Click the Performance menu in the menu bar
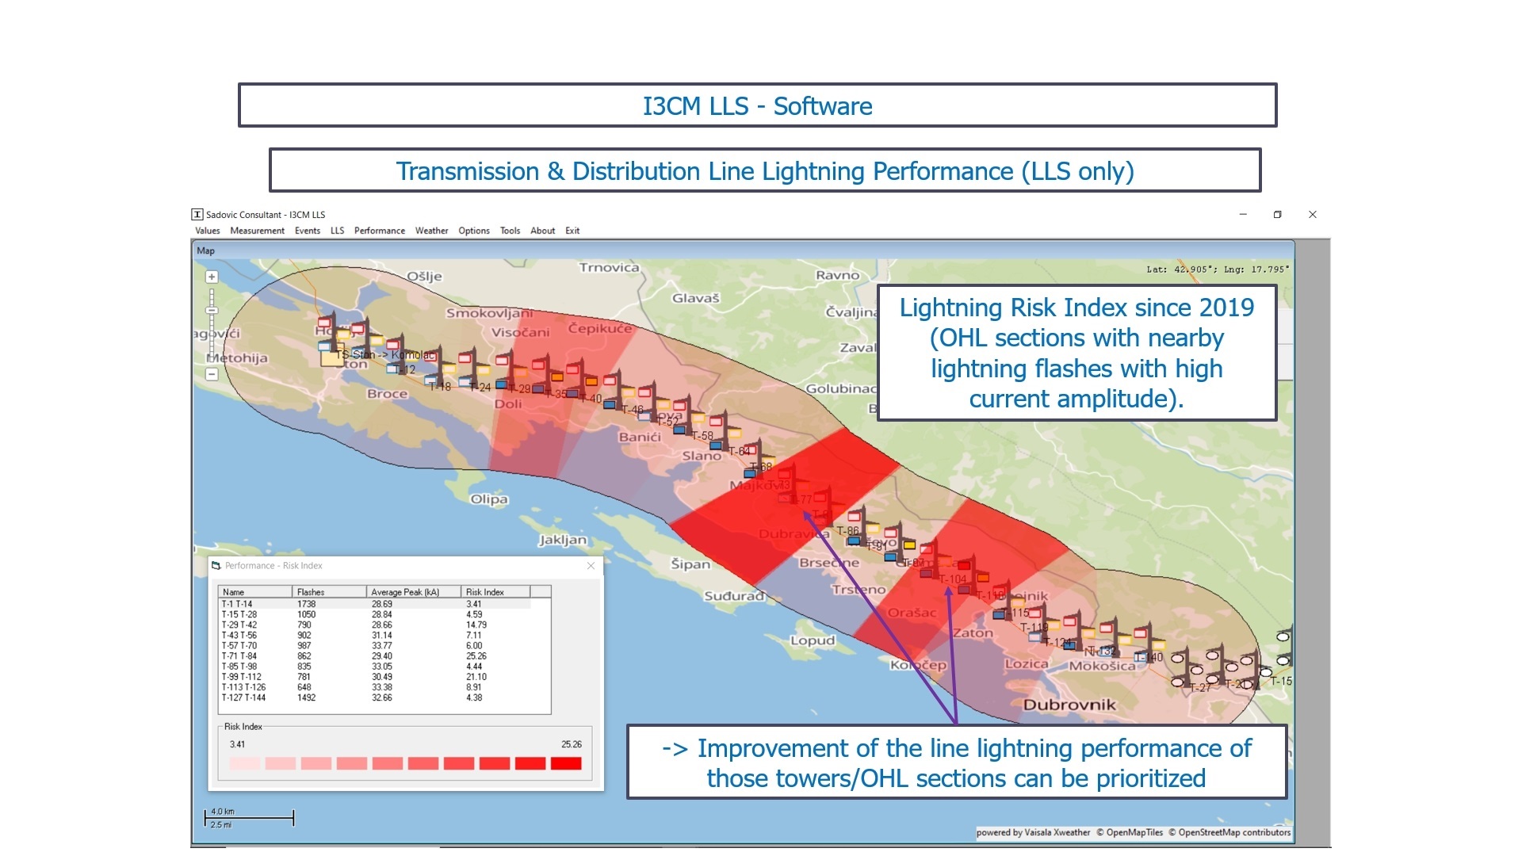coord(379,231)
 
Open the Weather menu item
coord(431,231)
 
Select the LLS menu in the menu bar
coord(337,231)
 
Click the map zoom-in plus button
coord(212,277)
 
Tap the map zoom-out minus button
coord(212,374)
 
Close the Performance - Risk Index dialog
coord(591,566)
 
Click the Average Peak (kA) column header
coord(405,592)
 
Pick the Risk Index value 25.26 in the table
coord(476,656)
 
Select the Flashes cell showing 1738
coord(306,604)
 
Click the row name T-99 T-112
coord(242,677)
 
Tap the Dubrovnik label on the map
coord(1069,705)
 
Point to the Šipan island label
coord(690,564)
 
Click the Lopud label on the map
coord(813,640)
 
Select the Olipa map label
coord(489,499)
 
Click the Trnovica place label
coord(609,268)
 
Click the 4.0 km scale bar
coord(249,817)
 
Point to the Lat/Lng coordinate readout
coord(1218,269)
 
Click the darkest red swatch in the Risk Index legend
coord(566,763)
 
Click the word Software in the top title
coord(823,106)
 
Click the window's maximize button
coord(1277,215)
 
